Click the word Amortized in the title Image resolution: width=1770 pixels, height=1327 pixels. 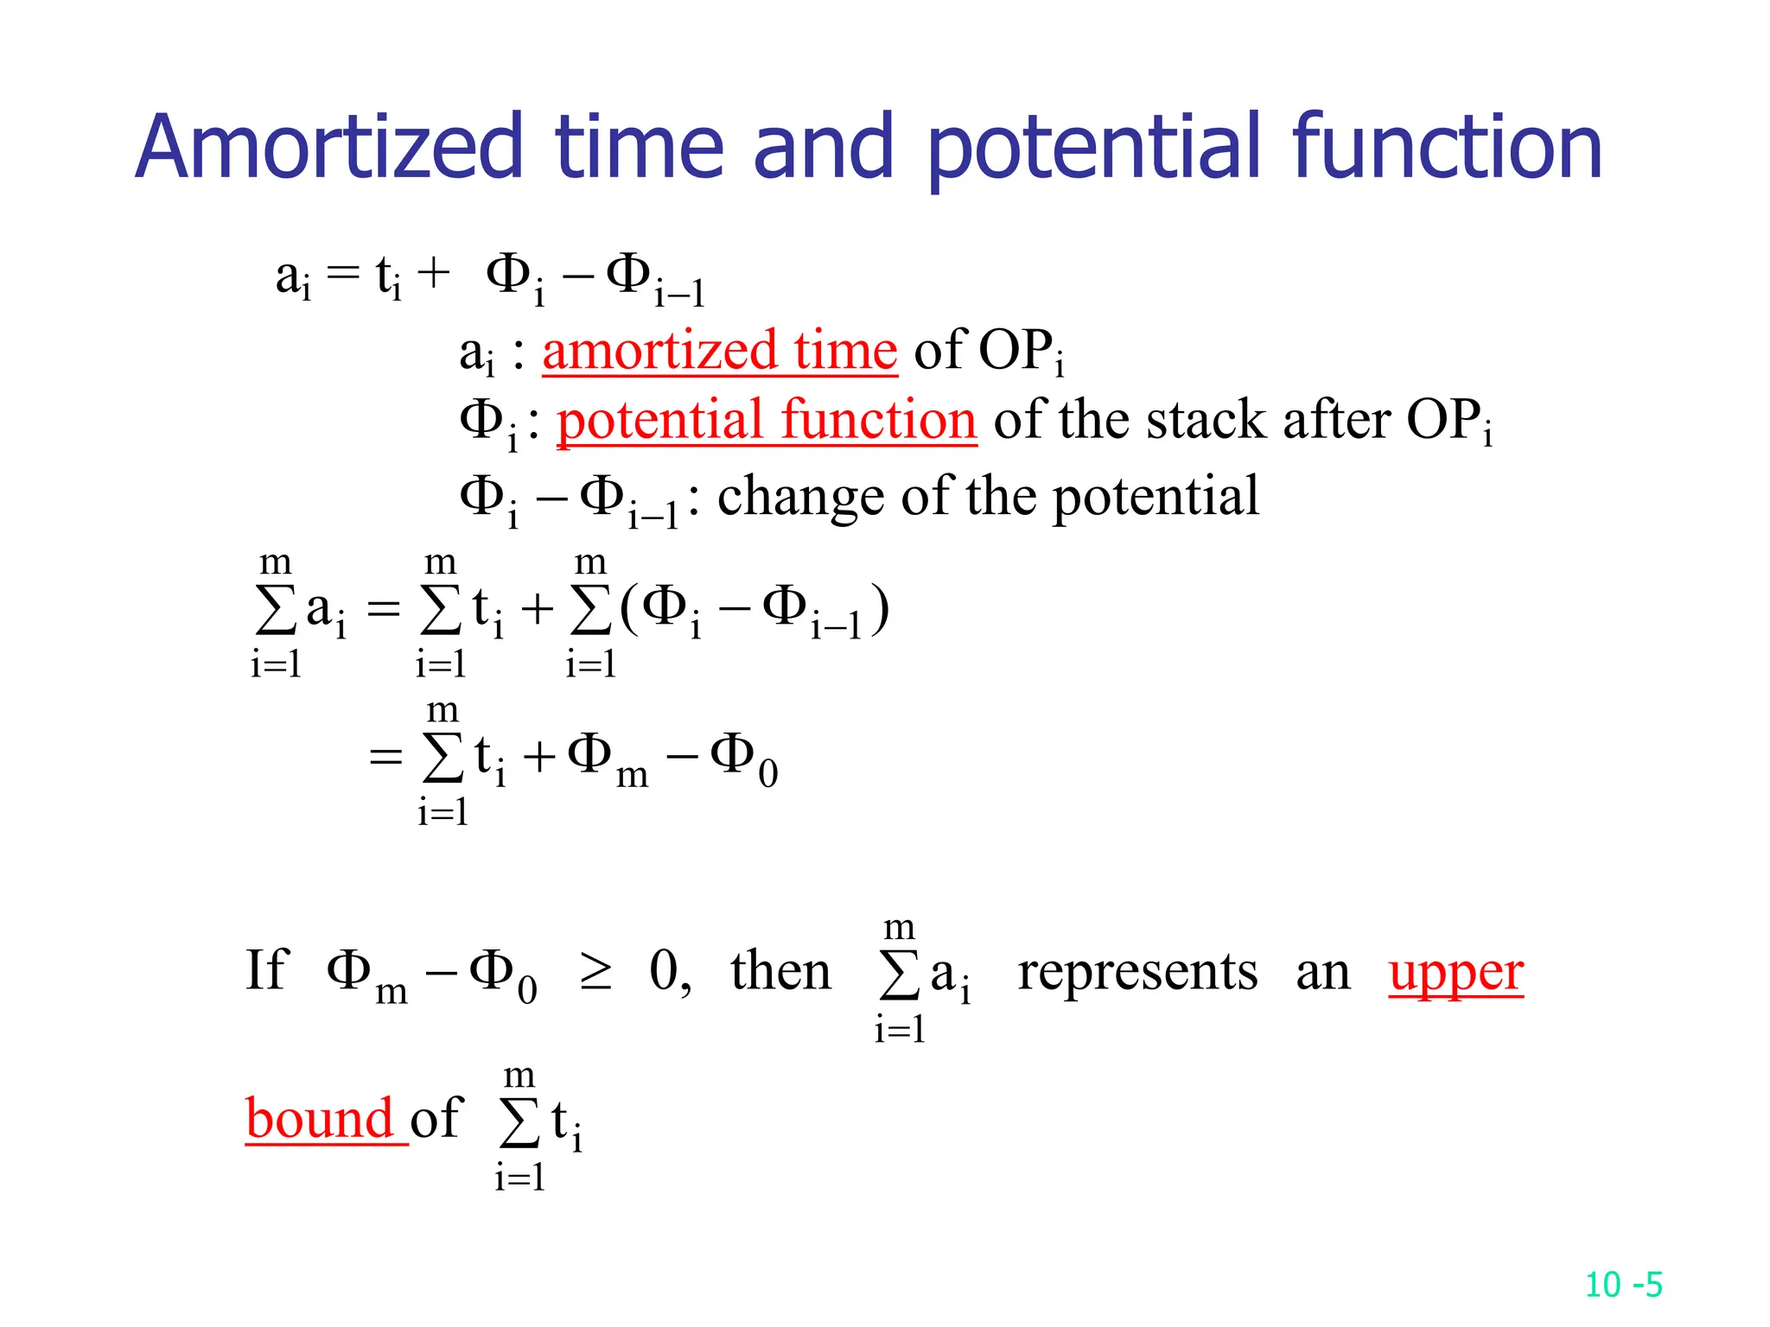(x=329, y=148)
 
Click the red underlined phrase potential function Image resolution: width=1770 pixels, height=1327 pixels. (x=767, y=421)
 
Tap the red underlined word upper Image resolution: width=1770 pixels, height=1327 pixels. (x=1455, y=973)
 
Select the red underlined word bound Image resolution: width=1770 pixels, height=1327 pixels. (x=321, y=1119)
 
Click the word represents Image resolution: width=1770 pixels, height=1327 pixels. (x=1137, y=971)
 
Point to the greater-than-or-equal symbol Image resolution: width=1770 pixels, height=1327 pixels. (x=595, y=973)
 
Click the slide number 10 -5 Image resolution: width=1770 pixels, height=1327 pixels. (x=1623, y=1285)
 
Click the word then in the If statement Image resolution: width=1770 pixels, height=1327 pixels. (x=780, y=971)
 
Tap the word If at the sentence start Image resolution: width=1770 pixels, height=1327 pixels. (x=265, y=969)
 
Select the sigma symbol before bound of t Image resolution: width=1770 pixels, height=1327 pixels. (x=519, y=1123)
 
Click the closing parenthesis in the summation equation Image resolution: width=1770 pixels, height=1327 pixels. (x=880, y=609)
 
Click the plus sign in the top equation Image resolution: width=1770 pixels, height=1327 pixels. (x=434, y=274)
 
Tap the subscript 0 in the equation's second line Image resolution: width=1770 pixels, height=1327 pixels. (x=767, y=774)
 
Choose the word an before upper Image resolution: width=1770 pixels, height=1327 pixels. (x=1322, y=973)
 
